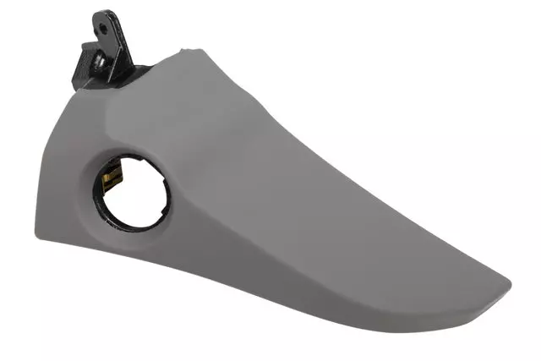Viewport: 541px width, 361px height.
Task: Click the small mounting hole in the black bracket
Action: coord(103,27)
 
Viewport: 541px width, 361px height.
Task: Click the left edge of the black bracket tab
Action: coord(94,25)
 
